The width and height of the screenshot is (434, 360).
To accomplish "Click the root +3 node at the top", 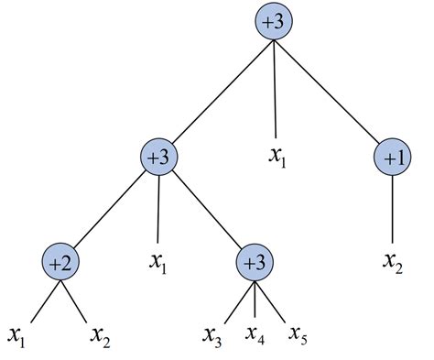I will point(274,25).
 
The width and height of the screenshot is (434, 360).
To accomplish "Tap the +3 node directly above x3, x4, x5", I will point(256,264).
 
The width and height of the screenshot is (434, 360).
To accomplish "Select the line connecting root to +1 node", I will point(333,92).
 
